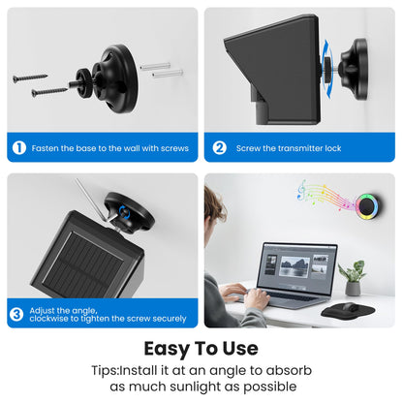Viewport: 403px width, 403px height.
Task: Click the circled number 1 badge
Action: (x=19, y=148)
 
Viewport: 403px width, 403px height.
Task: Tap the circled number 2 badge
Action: (x=219, y=148)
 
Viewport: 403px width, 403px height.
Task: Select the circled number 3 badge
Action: (x=16, y=314)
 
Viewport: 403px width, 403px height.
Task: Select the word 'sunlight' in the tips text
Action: (x=204, y=387)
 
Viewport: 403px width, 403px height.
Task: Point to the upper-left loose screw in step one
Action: (x=30, y=77)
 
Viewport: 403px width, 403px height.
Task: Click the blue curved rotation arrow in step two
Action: (x=327, y=69)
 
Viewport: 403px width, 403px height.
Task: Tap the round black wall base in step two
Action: (x=356, y=69)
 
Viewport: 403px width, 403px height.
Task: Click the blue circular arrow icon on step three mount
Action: (x=124, y=212)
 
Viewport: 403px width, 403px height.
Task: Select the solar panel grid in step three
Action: (x=83, y=264)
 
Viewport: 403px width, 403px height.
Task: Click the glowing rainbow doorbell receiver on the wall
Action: (x=367, y=206)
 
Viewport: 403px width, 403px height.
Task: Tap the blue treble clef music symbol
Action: (x=301, y=190)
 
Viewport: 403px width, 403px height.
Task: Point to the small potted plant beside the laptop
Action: (x=353, y=278)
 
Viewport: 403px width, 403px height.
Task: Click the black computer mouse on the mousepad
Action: (x=350, y=307)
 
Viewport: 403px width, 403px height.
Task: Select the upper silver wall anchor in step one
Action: (x=155, y=66)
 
